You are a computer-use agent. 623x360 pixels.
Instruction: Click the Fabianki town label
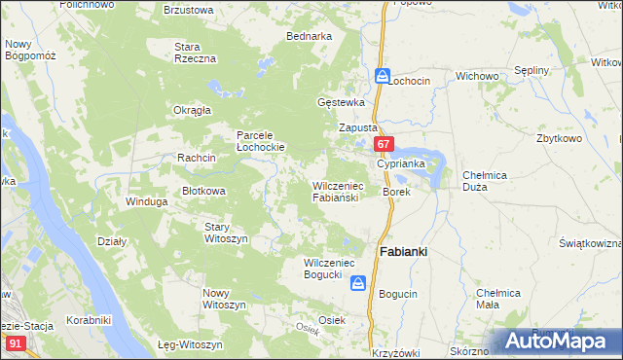pyautogui.click(x=402, y=251)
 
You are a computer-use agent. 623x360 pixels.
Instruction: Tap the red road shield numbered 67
pyautogui.click(x=384, y=145)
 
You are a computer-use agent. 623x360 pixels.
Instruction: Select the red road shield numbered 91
pyautogui.click(x=15, y=342)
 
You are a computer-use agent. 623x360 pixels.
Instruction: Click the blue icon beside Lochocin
pyautogui.click(x=383, y=76)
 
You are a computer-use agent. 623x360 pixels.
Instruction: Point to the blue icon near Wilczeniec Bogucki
pyautogui.click(x=358, y=282)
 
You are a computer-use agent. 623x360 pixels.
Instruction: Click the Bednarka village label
pyautogui.click(x=309, y=36)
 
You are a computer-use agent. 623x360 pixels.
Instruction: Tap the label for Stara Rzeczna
pyautogui.click(x=194, y=53)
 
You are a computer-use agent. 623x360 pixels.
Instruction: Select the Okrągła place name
pyautogui.click(x=192, y=110)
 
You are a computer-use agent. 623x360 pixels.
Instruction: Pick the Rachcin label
pyautogui.click(x=196, y=157)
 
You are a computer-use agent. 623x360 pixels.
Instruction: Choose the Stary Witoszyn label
pyautogui.click(x=226, y=233)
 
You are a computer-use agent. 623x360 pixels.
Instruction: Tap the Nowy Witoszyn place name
pyautogui.click(x=223, y=299)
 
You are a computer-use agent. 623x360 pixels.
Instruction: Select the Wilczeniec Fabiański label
pyautogui.click(x=337, y=191)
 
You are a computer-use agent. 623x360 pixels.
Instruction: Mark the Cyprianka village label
pyautogui.click(x=401, y=163)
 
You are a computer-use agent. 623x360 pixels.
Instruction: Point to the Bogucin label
pyautogui.click(x=398, y=293)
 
